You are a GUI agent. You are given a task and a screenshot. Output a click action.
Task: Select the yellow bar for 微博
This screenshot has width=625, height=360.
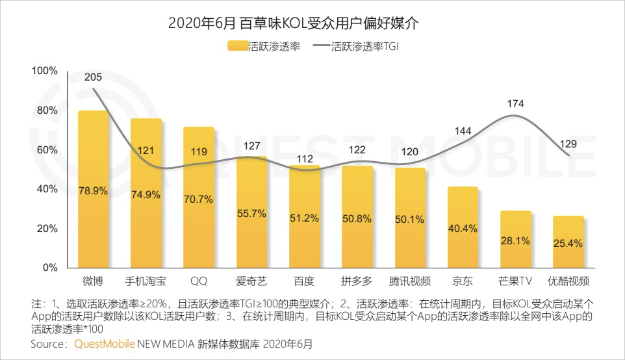(x=94, y=188)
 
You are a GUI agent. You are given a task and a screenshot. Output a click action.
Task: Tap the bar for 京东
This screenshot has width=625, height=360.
(x=463, y=227)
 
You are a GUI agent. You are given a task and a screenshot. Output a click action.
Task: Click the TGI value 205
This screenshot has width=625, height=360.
(x=94, y=76)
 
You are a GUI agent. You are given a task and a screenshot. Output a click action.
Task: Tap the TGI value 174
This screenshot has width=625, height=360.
(x=516, y=103)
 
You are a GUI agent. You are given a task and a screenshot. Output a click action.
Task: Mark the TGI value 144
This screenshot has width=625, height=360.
(x=463, y=131)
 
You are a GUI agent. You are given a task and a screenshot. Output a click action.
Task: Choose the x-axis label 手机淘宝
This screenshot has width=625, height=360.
(x=146, y=281)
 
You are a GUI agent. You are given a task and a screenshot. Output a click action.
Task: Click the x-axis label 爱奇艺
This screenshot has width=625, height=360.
(x=251, y=281)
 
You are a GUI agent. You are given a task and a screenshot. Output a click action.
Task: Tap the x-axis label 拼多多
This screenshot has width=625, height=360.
(x=357, y=281)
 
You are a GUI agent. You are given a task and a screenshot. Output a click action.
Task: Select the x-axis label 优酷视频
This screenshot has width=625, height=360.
(x=568, y=281)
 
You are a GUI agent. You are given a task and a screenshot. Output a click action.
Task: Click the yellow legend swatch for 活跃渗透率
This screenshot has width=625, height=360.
(x=237, y=47)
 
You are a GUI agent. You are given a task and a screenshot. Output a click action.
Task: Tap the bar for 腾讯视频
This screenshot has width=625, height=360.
(x=410, y=218)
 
